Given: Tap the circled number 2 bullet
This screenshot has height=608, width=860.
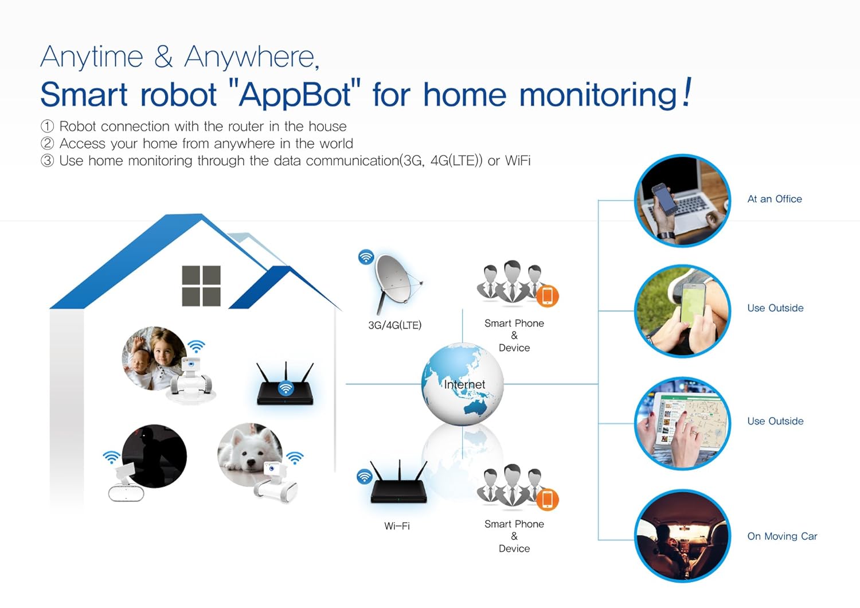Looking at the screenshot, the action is [x=48, y=143].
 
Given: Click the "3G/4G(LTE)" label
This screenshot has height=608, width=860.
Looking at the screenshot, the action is [x=394, y=325].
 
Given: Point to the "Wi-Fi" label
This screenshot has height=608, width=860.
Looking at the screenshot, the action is [x=397, y=526].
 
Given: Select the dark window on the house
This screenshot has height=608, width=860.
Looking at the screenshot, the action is [x=201, y=286].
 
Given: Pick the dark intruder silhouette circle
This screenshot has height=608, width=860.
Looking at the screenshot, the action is [x=154, y=457].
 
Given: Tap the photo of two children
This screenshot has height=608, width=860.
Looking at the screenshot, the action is [x=153, y=358].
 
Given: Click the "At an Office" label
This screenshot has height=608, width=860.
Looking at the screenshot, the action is [x=775, y=199].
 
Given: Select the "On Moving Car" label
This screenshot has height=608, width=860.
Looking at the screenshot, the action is [x=782, y=536].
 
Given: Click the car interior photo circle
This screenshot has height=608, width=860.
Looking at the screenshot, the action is [x=682, y=536].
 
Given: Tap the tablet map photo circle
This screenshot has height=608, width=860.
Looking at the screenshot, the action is [x=682, y=423].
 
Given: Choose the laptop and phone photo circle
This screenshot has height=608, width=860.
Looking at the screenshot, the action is [x=682, y=201].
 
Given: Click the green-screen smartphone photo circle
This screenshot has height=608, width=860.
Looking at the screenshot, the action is [x=682, y=311].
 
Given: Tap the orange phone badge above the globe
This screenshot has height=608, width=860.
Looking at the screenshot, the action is [x=547, y=296].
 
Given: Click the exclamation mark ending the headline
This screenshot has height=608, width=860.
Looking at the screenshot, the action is [x=687, y=93].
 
